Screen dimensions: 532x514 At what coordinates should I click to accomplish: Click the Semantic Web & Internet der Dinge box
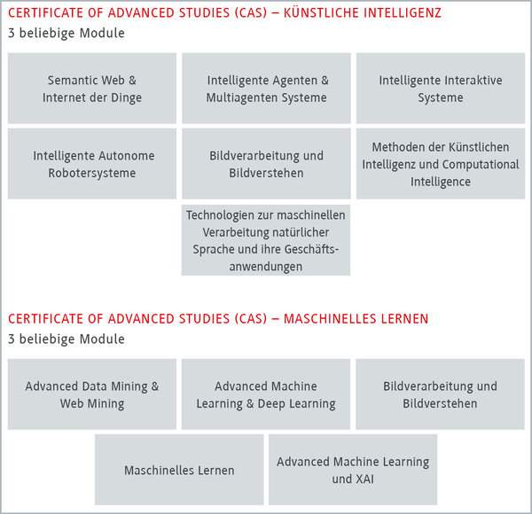pos(92,88)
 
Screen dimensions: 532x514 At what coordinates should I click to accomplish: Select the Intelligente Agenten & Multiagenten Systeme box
pos(266,88)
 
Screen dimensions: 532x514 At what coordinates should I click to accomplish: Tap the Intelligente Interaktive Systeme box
pos(441,88)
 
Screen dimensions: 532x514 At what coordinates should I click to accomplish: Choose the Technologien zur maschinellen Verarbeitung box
pos(266,240)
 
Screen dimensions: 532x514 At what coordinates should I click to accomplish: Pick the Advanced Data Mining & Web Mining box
pos(92,394)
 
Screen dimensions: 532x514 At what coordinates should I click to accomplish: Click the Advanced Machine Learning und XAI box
pos(353,470)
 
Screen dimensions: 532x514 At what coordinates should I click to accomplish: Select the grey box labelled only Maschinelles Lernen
pos(179,470)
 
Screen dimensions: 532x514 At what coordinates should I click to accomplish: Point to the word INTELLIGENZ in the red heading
pos(403,13)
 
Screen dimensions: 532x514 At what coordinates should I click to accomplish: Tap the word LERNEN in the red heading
pos(404,319)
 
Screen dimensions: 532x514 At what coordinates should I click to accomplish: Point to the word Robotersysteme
pos(92,174)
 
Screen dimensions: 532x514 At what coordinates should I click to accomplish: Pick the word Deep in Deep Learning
pos(271,404)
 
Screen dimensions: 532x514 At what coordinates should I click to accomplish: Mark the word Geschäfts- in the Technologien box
pos(311,250)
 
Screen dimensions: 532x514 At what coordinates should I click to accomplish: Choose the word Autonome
pos(127,156)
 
